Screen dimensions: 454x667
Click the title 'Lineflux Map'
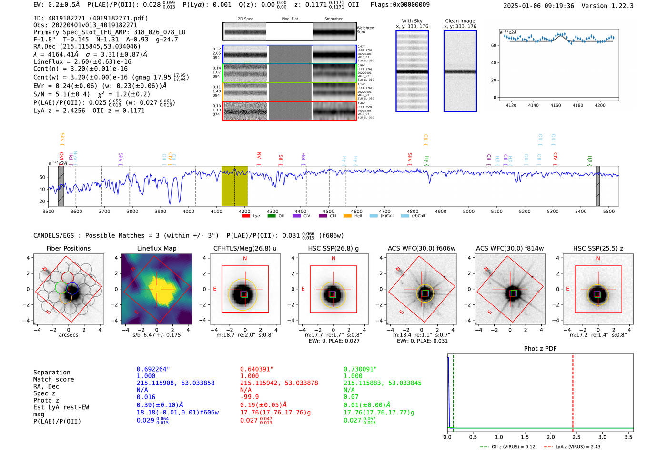tap(156, 248)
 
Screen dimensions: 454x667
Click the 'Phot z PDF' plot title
tap(540, 349)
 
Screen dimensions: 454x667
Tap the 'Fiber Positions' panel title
tap(68, 248)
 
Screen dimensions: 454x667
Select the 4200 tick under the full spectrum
tap(244, 212)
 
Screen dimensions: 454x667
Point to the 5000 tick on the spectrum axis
tap(469, 212)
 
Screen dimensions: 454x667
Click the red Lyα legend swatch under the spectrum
tap(246, 216)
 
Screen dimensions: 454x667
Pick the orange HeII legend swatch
tap(347, 216)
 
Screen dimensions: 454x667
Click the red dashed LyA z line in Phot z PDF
tap(573, 391)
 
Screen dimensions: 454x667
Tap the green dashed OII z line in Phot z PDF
tap(453, 391)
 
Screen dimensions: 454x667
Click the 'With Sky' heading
tap(412, 21)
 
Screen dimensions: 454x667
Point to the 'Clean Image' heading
tap(460, 21)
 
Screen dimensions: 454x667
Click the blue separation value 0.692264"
tap(153, 369)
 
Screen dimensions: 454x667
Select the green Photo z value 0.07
tap(351, 397)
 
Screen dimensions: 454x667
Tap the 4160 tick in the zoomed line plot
tap(556, 105)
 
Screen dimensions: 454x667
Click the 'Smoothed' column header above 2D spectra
tap(333, 19)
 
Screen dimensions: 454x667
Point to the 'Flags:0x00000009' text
tap(400, 5)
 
